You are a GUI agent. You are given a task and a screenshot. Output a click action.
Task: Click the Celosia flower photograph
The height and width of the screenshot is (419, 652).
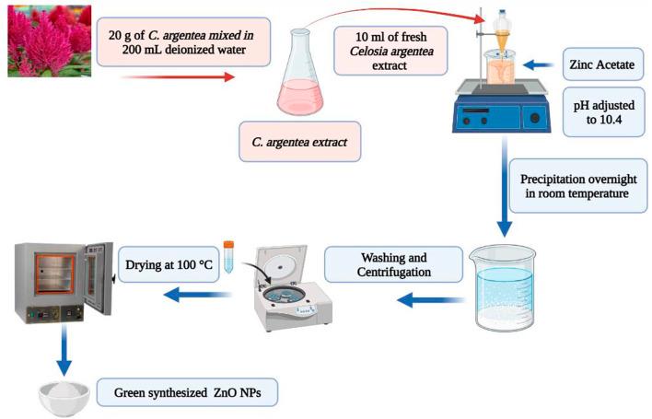pyautogui.click(x=50, y=41)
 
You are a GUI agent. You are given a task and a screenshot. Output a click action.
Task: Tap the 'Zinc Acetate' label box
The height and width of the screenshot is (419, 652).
pyautogui.click(x=603, y=64)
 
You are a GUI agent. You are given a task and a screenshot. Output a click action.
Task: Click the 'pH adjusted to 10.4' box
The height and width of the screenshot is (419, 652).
pyautogui.click(x=604, y=111)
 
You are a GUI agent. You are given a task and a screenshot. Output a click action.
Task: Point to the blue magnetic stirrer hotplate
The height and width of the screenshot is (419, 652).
pyautogui.click(x=502, y=107)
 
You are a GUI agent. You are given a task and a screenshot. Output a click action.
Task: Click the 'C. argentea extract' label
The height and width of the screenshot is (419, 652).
pyautogui.click(x=299, y=142)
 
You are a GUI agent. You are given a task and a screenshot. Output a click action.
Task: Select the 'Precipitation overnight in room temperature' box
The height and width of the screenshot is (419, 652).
pyautogui.click(x=578, y=186)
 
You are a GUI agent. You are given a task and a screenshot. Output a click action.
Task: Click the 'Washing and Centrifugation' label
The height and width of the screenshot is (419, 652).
pyautogui.click(x=393, y=264)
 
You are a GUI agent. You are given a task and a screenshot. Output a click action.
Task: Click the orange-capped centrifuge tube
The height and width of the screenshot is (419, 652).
pyautogui.click(x=228, y=257)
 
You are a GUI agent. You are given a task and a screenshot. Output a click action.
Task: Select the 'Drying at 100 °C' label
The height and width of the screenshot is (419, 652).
pyautogui.click(x=169, y=264)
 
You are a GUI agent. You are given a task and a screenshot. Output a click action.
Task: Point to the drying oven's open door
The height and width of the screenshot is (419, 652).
pyautogui.click(x=99, y=278)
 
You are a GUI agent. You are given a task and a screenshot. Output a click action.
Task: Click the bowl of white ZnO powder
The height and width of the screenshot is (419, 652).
pyautogui.click(x=64, y=397)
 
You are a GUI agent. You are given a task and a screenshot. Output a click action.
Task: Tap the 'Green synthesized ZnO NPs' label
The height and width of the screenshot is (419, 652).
pyautogui.click(x=187, y=392)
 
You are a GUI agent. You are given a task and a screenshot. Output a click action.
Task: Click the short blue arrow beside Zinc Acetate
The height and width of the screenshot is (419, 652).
pyautogui.click(x=538, y=64)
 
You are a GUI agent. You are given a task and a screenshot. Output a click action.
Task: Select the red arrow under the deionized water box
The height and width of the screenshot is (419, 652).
pyautogui.click(x=178, y=77)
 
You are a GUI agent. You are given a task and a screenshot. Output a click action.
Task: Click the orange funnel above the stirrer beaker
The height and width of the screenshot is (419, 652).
pyautogui.click(x=502, y=41)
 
